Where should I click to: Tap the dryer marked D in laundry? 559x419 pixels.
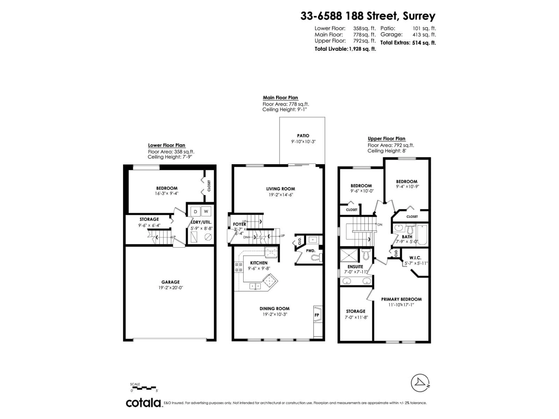point(195,212)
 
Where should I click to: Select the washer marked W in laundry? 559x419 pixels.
point(206,212)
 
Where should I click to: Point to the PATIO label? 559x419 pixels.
point(303,136)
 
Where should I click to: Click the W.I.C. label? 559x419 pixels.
point(415,258)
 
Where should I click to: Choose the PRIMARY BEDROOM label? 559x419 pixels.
point(401,299)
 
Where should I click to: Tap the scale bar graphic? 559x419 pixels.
point(143,387)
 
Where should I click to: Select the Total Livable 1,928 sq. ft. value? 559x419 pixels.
point(362,49)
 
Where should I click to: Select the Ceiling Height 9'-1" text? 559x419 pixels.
point(285,110)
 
